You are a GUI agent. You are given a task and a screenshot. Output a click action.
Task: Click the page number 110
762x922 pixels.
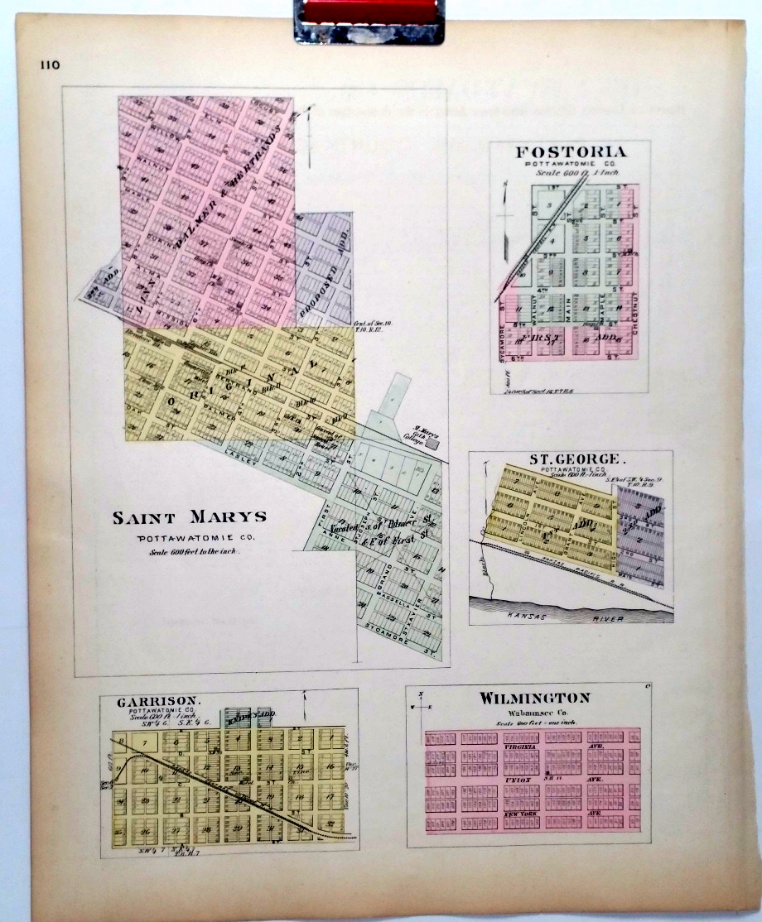click(x=48, y=66)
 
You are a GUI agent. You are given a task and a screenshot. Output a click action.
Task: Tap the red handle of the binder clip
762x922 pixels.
click(x=369, y=11)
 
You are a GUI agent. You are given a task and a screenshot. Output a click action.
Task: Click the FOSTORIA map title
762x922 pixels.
click(x=571, y=152)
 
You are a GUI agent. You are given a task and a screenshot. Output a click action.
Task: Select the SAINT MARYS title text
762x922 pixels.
click(x=190, y=518)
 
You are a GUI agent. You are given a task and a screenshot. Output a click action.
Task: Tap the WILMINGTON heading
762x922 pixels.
click(x=534, y=698)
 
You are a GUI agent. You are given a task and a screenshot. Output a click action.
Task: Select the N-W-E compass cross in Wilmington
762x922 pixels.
click(x=422, y=706)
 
